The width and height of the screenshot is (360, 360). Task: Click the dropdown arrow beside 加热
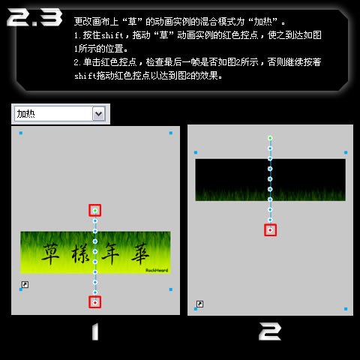point(99,114)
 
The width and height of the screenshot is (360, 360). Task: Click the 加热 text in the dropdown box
point(26,114)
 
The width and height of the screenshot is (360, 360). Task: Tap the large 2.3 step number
point(34,17)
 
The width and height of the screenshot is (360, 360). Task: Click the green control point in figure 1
point(95,211)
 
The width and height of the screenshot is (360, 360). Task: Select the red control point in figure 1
point(95,302)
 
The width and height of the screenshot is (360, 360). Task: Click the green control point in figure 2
point(270,138)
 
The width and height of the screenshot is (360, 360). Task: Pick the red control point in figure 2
point(270,230)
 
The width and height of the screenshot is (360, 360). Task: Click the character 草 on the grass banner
point(50,253)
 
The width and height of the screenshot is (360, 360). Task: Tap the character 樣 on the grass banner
point(80,253)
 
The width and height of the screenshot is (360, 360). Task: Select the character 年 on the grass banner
point(110,253)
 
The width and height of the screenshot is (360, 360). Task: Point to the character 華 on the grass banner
point(140,253)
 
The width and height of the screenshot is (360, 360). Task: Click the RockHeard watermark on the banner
point(157,270)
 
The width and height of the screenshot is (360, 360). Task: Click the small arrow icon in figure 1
point(25,284)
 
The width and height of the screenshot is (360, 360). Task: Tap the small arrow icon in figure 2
point(199,304)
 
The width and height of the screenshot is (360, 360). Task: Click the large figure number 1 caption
point(95,331)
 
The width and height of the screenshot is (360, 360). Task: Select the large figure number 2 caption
point(270,331)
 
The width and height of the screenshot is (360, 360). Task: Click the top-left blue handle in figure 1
point(21,133)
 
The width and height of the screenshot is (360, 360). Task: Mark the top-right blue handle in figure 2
point(346,152)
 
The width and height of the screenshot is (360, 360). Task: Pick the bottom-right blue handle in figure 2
point(346,309)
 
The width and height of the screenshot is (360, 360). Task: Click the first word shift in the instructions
point(112,35)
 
